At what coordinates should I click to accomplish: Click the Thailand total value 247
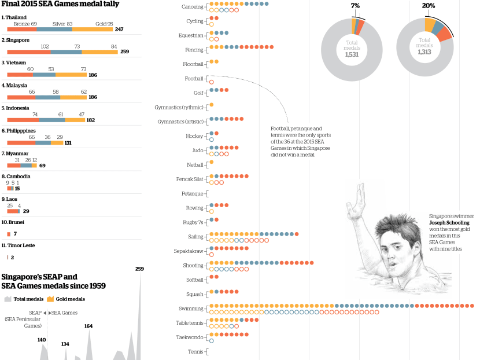(x=119, y=29)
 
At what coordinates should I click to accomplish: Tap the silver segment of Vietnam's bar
(x=45, y=75)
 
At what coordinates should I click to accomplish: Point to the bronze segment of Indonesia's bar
(x=23, y=120)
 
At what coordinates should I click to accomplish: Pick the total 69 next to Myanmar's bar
(x=42, y=166)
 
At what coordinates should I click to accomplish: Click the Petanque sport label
(x=192, y=194)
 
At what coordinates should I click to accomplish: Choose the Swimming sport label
(x=191, y=308)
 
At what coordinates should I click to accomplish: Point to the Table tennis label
(x=190, y=323)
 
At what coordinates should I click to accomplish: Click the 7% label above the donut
(x=355, y=5)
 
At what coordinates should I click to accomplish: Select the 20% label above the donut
(x=429, y=5)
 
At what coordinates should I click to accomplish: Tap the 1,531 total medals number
(x=352, y=54)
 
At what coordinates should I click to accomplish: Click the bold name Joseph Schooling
(x=449, y=222)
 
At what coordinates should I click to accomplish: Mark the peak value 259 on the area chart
(x=139, y=269)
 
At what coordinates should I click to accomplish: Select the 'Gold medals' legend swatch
(x=50, y=299)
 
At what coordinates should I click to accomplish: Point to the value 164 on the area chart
(x=88, y=326)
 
